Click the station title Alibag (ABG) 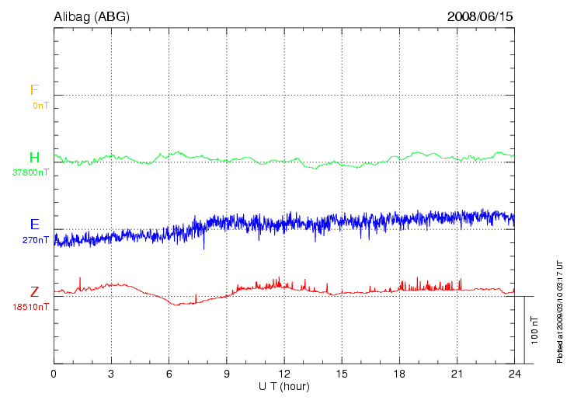(x=92, y=16)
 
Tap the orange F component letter (x=34, y=90)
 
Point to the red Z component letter (x=34, y=292)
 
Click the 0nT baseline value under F (x=40, y=105)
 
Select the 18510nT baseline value (x=31, y=307)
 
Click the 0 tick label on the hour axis (x=54, y=374)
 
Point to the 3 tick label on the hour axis (x=111, y=374)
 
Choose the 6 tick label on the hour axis (x=169, y=374)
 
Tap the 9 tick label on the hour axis (x=227, y=374)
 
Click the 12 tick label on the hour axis (x=284, y=374)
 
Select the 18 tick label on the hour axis (x=399, y=374)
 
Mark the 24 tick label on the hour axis (x=514, y=374)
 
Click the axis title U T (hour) (x=284, y=386)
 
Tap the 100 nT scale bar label (x=535, y=330)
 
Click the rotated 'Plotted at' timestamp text (x=558, y=311)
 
